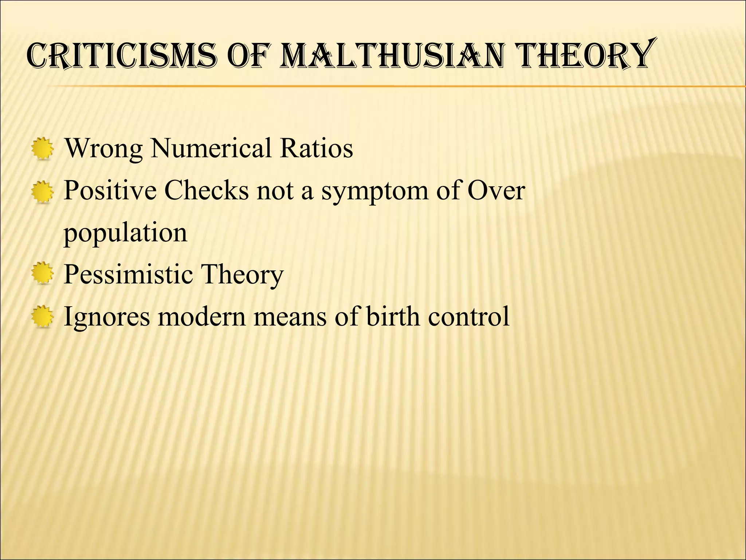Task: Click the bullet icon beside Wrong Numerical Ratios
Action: click(x=43, y=148)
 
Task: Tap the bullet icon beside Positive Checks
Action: click(x=43, y=191)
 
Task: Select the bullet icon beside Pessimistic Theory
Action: click(x=43, y=274)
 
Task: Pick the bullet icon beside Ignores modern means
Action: click(x=43, y=316)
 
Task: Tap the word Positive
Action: click(x=110, y=190)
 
